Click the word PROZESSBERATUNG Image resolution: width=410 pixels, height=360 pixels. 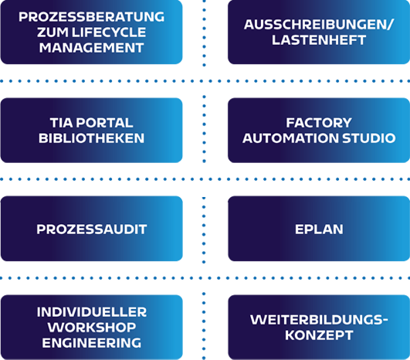(92, 17)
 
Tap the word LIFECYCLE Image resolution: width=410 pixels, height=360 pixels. (109, 32)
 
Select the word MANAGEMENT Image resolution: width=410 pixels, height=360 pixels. (92, 48)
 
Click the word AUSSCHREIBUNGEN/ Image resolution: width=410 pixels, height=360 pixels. (318, 25)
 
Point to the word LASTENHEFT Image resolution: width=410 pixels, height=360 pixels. (319, 40)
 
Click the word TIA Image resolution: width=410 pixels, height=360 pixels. (61, 123)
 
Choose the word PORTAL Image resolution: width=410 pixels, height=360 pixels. (104, 123)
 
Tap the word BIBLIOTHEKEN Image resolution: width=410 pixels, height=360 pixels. (92, 138)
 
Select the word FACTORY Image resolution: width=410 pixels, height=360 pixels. (319, 123)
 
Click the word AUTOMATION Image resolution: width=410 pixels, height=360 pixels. (291, 138)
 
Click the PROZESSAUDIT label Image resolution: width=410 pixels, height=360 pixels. (92, 229)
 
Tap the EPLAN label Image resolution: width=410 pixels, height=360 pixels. (319, 229)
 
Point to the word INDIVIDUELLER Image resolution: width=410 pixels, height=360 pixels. (92, 312)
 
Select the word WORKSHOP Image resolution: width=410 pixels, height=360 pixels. (92, 328)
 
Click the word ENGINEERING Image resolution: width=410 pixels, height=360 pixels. (92, 343)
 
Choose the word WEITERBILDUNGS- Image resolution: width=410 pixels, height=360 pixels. (319, 320)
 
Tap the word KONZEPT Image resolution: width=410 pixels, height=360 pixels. (319, 335)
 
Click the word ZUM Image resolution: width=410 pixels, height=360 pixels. (53, 32)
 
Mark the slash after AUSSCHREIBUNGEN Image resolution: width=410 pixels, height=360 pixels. (390, 25)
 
